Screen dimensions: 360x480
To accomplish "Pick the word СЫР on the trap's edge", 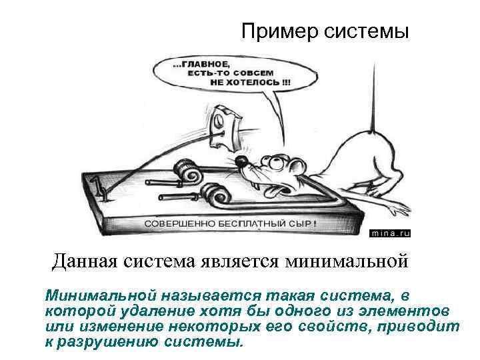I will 299,223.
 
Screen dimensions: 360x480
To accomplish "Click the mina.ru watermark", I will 391,233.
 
